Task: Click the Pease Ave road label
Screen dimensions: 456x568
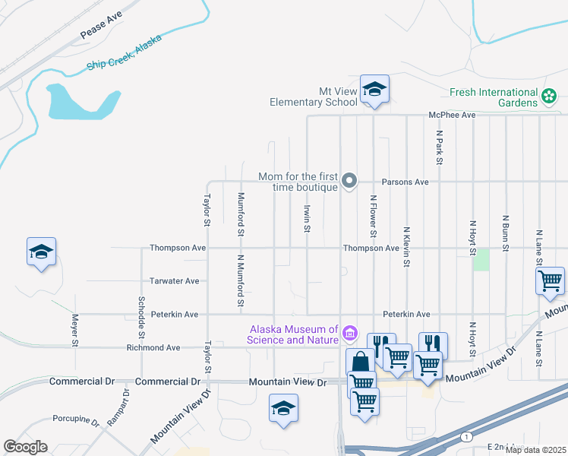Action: point(100,28)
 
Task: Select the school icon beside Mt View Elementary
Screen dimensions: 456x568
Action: point(374,90)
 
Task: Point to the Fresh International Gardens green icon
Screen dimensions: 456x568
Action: point(549,97)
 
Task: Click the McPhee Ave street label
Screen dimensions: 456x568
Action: point(452,115)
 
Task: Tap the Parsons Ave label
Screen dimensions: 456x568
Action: point(405,182)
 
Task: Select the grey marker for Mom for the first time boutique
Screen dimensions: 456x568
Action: point(349,181)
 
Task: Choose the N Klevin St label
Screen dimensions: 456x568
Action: point(406,246)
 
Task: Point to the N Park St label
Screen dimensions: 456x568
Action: point(439,146)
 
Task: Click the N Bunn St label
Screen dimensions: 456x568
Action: point(505,233)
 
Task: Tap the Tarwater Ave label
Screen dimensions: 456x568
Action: point(174,280)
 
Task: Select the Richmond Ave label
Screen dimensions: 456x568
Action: point(153,347)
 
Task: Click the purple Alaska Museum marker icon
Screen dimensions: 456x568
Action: point(349,333)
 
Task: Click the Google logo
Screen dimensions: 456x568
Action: point(25,447)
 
